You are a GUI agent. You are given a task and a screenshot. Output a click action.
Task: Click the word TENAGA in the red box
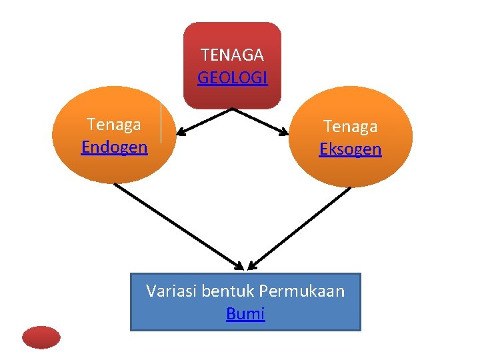(x=232, y=55)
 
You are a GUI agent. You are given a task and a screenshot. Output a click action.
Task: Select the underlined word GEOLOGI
(x=232, y=78)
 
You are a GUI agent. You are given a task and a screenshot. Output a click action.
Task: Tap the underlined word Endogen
(x=114, y=147)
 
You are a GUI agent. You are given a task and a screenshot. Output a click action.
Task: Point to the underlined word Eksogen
(x=350, y=149)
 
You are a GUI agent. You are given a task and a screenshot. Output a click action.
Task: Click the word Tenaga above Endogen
(x=114, y=124)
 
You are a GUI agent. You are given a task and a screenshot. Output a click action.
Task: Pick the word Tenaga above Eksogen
(x=350, y=126)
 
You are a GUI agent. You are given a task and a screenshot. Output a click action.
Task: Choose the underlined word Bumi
(x=245, y=313)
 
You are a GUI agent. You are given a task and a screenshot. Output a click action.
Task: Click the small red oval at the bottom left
(x=41, y=337)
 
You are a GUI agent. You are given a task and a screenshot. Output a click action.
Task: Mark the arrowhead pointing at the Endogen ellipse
(x=180, y=132)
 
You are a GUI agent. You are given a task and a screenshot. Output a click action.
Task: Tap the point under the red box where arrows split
(x=233, y=109)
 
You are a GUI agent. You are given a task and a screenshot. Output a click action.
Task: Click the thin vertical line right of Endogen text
(x=161, y=123)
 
